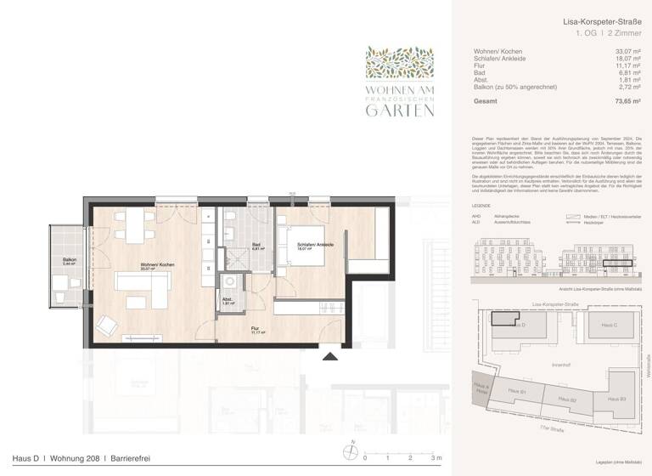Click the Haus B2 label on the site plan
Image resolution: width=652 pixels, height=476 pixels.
pyautogui.click(x=568, y=399)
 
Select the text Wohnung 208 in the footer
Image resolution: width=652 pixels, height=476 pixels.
pyautogui.click(x=71, y=459)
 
